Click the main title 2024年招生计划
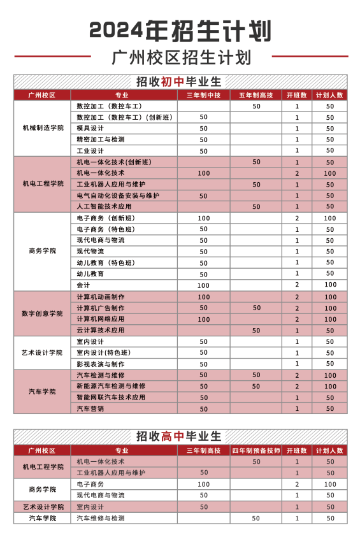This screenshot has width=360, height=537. click(x=180, y=30)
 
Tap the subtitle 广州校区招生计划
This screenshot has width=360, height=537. click(x=180, y=57)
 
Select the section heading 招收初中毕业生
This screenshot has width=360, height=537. click(x=180, y=82)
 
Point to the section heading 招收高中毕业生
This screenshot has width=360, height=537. click(x=180, y=436)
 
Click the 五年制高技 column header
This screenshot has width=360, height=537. click(x=256, y=95)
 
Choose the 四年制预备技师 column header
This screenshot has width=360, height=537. click(x=256, y=450)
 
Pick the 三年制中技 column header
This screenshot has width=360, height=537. click(x=203, y=95)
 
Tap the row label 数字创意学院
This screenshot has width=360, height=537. click(x=42, y=313)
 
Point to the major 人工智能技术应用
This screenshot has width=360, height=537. click(x=104, y=206)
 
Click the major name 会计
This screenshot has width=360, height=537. click(x=83, y=285)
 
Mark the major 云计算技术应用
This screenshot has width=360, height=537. click(x=101, y=331)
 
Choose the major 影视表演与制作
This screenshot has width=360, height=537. click(x=101, y=364)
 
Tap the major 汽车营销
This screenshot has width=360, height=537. click(x=90, y=408)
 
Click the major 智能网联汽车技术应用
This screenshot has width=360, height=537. click(x=111, y=397)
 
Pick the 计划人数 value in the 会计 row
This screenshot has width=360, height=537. click(x=330, y=285)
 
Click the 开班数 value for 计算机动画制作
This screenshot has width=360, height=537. click(x=297, y=297)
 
